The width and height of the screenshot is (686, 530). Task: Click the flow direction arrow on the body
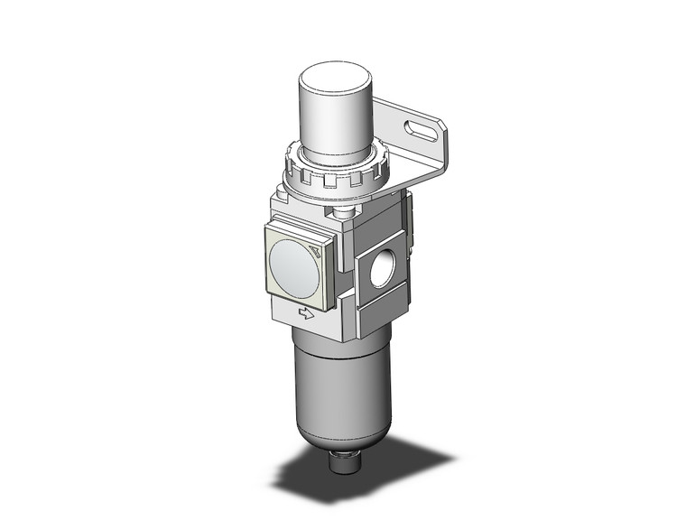click(306, 313)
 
